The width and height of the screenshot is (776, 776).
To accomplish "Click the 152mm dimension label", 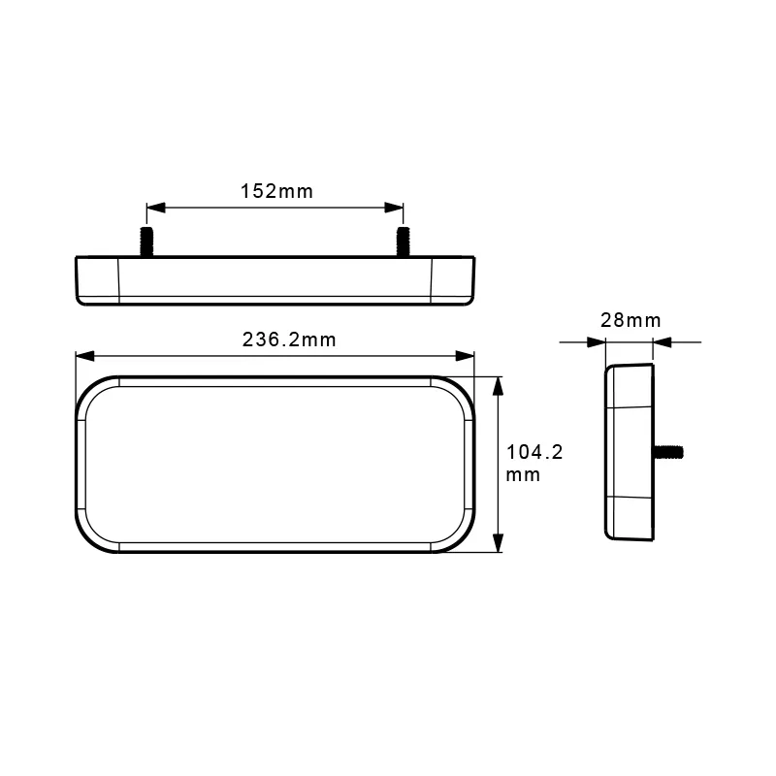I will [x=276, y=191].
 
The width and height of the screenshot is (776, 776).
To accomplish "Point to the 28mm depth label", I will [x=630, y=320].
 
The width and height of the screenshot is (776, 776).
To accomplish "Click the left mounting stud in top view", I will [x=148, y=242].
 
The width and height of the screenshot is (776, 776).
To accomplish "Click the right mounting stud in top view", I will [x=402, y=242].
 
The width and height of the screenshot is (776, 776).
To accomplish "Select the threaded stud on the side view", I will [x=670, y=451].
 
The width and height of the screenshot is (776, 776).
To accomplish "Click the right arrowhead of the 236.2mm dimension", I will [x=468, y=356].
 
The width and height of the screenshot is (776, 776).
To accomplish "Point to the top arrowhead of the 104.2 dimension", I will [x=499, y=385].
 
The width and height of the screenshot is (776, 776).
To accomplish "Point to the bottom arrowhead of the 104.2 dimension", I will [x=499, y=545].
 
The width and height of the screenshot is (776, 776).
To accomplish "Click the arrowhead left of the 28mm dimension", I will [x=596, y=341].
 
